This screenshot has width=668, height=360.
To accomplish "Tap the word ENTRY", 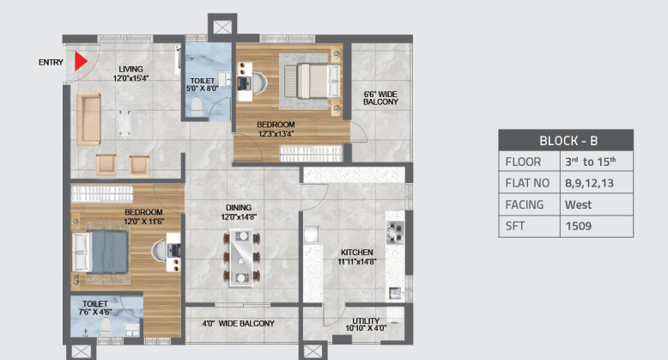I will point(52,63).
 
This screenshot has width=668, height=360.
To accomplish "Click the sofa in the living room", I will point(88,119).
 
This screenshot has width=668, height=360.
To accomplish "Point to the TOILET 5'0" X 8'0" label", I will point(203,83).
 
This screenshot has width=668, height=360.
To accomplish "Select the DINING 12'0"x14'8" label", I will point(239,212).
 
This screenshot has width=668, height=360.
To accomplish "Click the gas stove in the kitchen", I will point(396,232).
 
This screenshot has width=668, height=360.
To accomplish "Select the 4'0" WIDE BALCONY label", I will point(238,323).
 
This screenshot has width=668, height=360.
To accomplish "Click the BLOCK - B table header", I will point(565,140).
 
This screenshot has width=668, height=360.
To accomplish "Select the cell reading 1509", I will point(578,227).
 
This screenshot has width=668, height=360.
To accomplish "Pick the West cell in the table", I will point(578,204).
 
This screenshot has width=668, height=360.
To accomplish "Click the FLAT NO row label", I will point(525,183).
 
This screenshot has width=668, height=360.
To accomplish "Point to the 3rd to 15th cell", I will point(591,162).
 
